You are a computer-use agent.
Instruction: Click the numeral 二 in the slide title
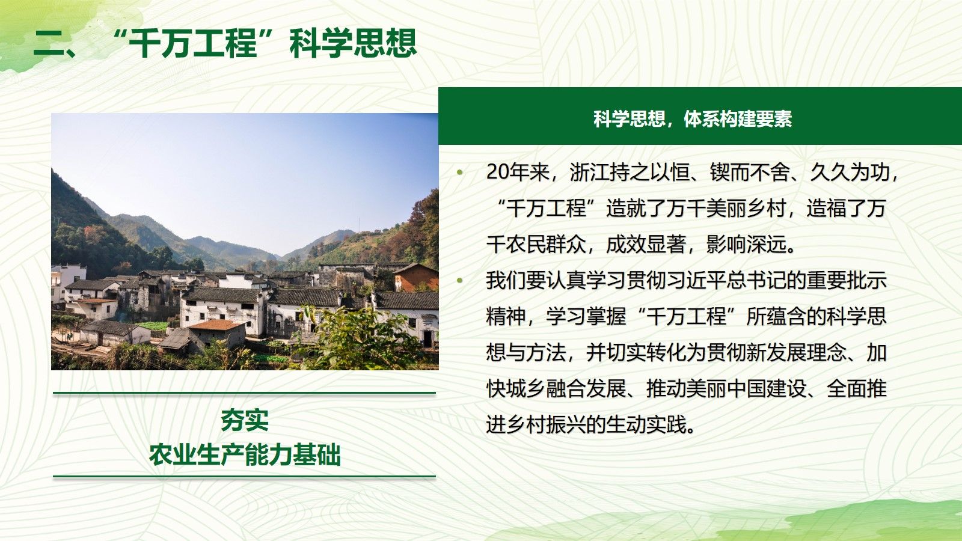49,44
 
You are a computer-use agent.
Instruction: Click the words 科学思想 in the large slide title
353,43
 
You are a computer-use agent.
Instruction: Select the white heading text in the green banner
692,118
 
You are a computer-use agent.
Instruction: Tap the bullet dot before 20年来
460,173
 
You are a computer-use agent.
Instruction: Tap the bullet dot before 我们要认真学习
460,281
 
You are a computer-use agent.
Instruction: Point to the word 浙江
590,172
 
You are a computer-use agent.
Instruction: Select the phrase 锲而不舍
749,172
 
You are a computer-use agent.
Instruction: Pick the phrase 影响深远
746,244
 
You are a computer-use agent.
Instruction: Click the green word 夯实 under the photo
244,420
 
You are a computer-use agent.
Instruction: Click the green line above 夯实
244,393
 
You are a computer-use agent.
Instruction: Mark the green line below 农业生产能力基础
244,476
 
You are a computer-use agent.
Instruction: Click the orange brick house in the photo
415,278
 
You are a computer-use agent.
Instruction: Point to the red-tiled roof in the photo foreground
216,325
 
